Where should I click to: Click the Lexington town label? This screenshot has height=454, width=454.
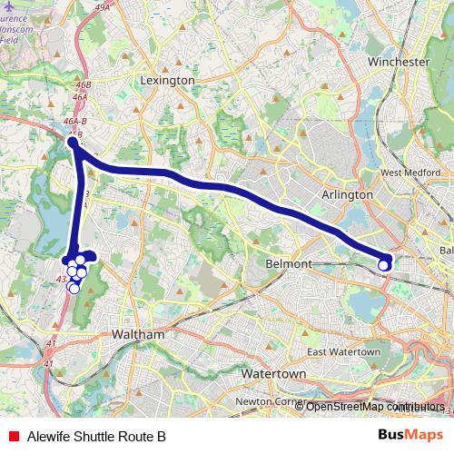(x=168, y=80)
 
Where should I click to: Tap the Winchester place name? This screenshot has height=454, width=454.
(x=399, y=62)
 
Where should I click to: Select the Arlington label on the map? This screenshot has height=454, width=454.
(x=348, y=194)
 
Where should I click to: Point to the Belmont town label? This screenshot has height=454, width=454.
(x=290, y=263)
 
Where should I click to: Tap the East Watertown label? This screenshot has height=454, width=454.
(x=343, y=352)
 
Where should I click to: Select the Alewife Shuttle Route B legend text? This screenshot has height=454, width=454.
(x=96, y=436)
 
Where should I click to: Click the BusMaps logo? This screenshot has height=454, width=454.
(x=405, y=435)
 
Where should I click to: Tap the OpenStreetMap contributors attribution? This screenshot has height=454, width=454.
(x=375, y=407)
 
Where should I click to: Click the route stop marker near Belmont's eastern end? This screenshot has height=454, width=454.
(x=384, y=263)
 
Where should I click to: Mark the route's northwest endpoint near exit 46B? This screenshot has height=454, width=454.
(x=73, y=143)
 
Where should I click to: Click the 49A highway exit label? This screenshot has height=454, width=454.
(x=102, y=7)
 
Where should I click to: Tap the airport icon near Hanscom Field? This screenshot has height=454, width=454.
(x=9, y=6)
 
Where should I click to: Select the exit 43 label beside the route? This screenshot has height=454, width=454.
(x=60, y=280)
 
